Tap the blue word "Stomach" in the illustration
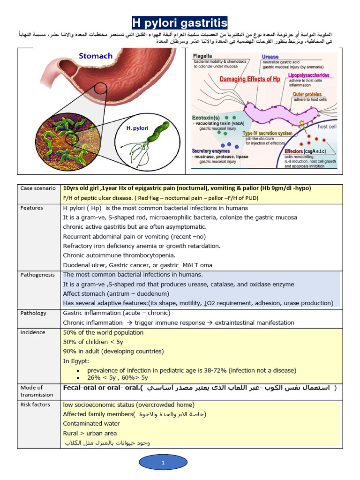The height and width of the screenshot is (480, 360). pos(96,56)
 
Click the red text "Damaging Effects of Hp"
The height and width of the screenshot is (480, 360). pos(250,79)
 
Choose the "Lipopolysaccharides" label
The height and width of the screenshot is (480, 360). pos(308,75)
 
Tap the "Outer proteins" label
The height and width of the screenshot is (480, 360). pos(307,94)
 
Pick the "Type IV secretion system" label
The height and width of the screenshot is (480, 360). pos(267,134)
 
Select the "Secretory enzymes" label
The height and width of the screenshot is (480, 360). pos(211,151)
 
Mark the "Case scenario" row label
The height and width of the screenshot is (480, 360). pos(38,188)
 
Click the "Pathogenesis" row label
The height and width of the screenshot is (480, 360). pos(38,275)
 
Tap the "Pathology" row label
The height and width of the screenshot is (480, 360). pos(33,313)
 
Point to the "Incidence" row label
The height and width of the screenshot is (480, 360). pos(33,332)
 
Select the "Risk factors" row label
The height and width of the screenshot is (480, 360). pos(35,405)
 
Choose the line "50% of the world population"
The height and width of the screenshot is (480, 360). pos(103,333)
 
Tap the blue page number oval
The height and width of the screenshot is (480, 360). pos(163,463)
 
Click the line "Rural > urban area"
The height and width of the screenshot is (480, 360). pos(90,433)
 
